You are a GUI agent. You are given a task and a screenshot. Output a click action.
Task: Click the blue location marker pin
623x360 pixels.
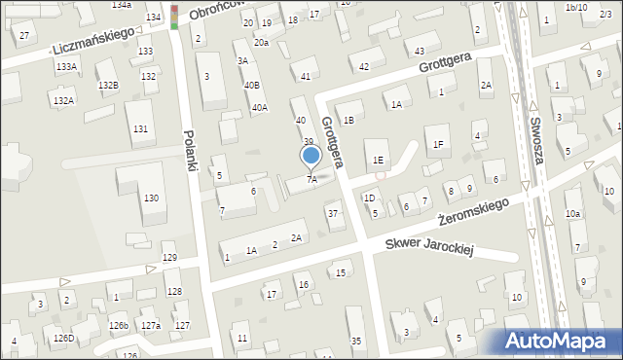[x=311, y=156]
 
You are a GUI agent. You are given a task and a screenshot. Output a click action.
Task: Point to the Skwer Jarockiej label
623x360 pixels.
[x=428, y=247]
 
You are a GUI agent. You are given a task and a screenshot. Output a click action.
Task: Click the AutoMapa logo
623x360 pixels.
[x=559, y=341]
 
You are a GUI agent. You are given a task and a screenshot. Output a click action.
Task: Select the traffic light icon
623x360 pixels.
[x=174, y=17]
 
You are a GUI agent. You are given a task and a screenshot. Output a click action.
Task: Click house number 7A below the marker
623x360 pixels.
[x=311, y=179]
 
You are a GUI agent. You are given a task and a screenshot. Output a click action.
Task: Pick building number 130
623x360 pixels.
[x=151, y=198]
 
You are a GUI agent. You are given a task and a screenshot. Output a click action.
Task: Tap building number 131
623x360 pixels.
[x=141, y=129]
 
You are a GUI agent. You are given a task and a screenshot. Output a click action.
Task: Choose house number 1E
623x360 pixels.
[x=379, y=160]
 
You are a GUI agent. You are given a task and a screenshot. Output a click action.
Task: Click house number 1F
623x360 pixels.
[x=438, y=145]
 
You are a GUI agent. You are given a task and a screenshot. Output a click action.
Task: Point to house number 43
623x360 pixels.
[x=420, y=51]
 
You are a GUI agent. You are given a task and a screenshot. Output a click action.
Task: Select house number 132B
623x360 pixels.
[x=107, y=86]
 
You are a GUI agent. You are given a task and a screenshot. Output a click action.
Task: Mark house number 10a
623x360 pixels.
[x=573, y=214]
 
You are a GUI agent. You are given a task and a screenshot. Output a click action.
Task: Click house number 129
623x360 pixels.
[x=169, y=258]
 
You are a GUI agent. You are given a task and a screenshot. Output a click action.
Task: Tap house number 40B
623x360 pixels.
[x=251, y=85]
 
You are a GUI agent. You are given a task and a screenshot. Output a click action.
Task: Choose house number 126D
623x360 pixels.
[x=63, y=338]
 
